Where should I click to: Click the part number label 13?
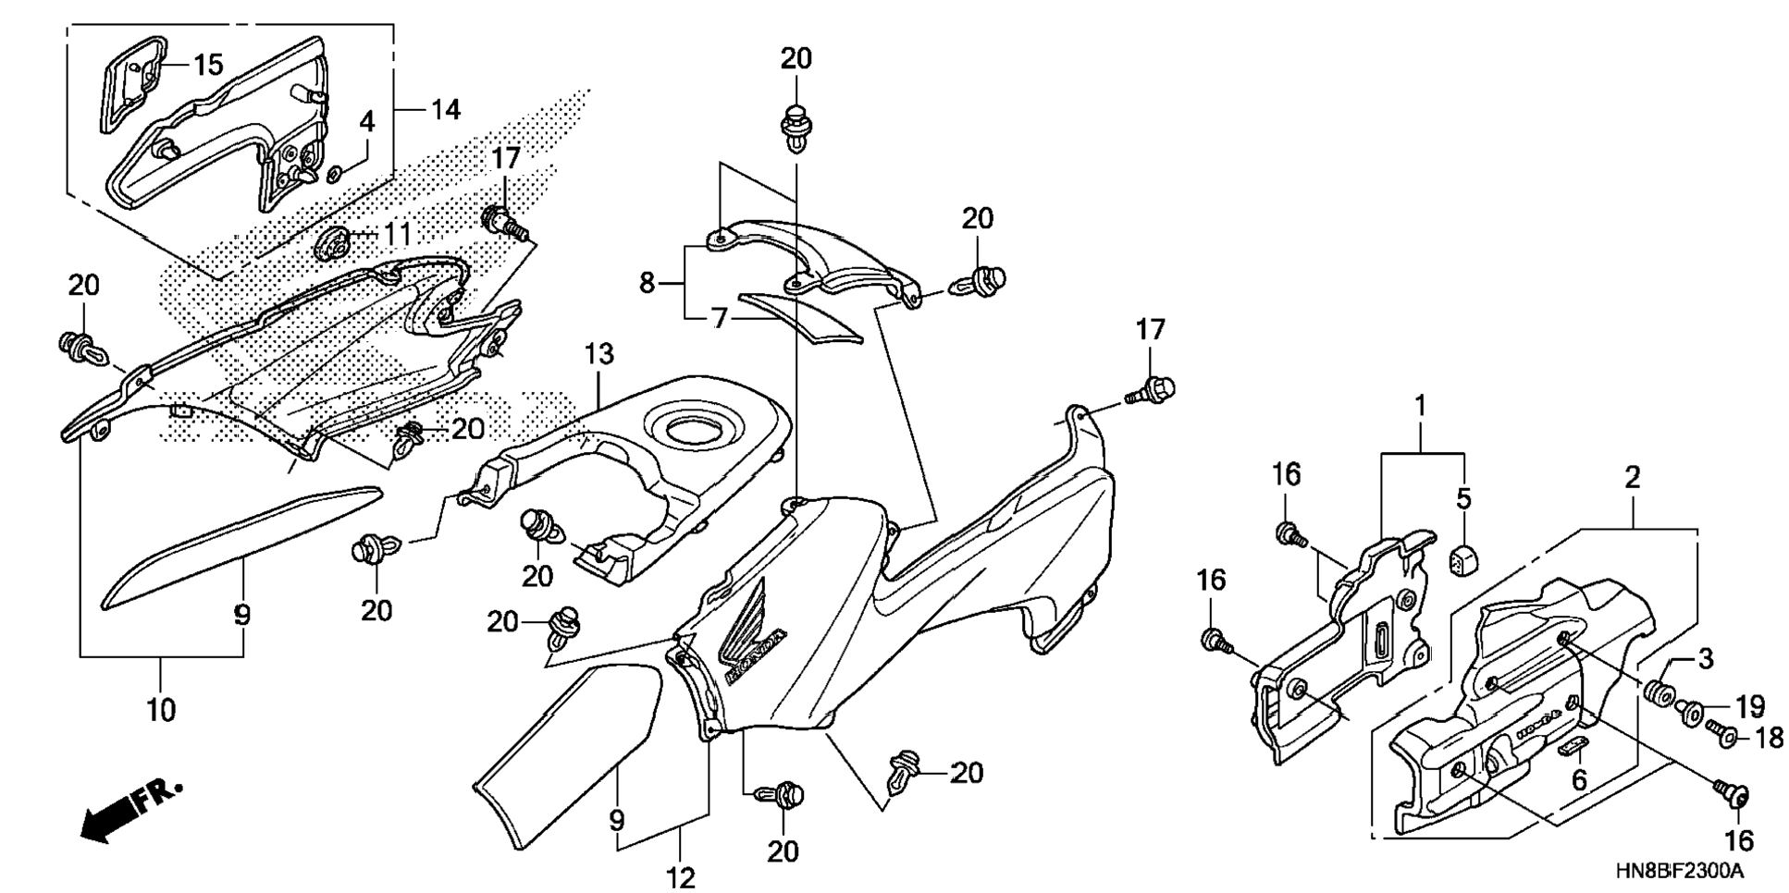tap(598, 354)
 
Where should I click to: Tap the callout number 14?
tap(445, 110)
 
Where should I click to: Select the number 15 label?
tap(208, 65)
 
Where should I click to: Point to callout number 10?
tap(161, 711)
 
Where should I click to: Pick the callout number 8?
tap(647, 283)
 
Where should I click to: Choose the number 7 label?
tap(720, 319)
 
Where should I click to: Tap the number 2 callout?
tap(1633, 478)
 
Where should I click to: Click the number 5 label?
tap(1463, 499)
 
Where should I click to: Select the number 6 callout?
tap(1579, 780)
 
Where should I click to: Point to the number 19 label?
tap(1749, 707)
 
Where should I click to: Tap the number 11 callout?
tap(397, 234)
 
